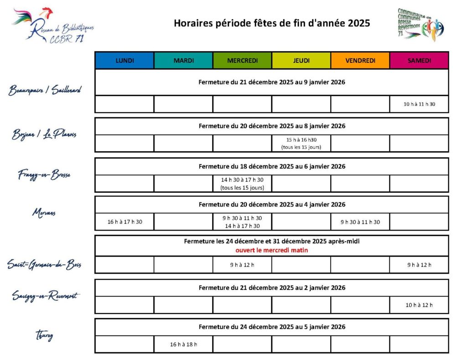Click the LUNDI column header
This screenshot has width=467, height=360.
click(125, 61)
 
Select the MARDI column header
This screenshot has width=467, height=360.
click(183, 61)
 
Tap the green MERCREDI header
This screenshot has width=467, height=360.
click(242, 61)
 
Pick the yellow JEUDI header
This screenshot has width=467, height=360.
click(301, 61)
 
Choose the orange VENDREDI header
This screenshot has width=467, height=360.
click(360, 61)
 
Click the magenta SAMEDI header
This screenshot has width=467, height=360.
click(419, 61)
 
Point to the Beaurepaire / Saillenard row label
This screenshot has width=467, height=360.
click(45, 91)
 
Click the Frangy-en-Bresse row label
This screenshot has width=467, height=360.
click(44, 175)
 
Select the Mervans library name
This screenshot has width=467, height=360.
click(44, 212)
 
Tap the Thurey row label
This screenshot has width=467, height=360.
click(44, 336)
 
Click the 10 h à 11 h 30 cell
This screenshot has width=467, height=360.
click(419, 104)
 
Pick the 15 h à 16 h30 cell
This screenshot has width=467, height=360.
click(301, 144)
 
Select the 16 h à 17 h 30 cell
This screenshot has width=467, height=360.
click(125, 222)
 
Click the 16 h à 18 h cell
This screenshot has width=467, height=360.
click(183, 345)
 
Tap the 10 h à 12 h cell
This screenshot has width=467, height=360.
click(419, 305)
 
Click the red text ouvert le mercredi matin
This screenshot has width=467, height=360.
click(271, 250)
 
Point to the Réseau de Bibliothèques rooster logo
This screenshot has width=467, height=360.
click(52, 25)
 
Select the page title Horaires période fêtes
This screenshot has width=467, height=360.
click(271, 23)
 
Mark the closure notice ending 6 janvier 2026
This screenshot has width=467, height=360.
click(272, 166)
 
